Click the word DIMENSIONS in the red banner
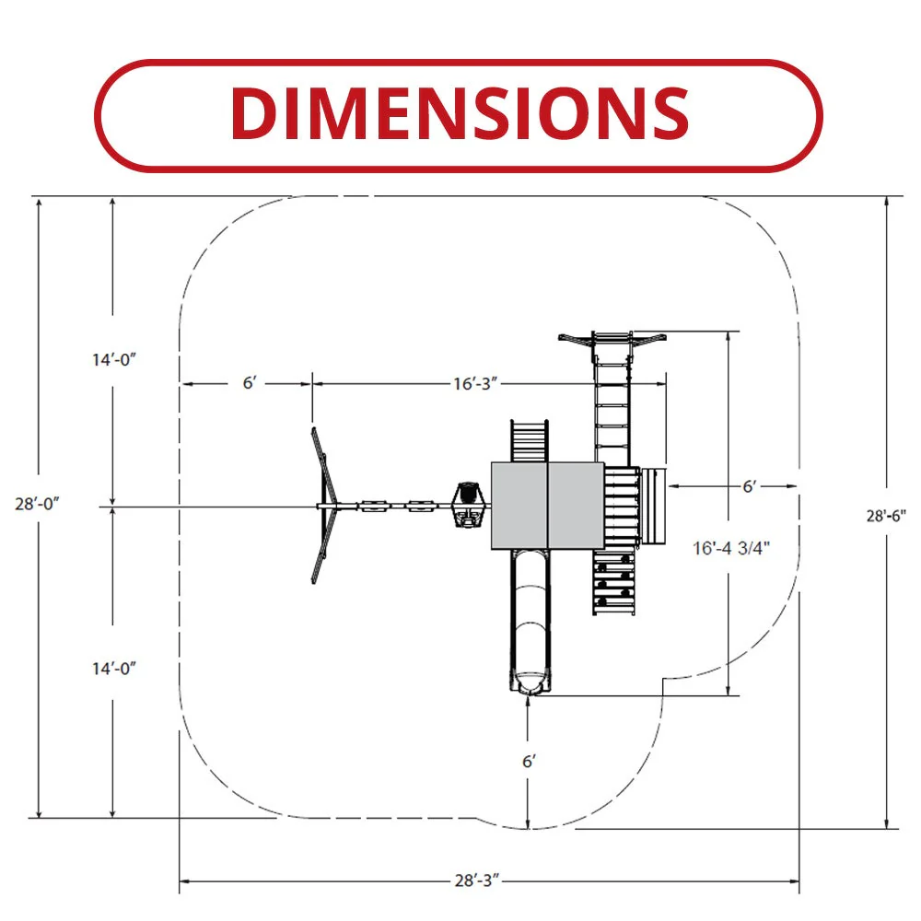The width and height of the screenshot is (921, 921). (x=460, y=113)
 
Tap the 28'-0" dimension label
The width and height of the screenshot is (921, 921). (x=37, y=504)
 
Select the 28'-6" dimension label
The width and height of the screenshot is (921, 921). (x=886, y=516)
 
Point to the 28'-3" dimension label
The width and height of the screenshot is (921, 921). (x=477, y=880)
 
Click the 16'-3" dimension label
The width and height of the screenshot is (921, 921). (x=475, y=383)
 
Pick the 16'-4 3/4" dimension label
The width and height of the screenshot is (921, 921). (x=730, y=548)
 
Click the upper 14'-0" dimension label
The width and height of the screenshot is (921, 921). (x=114, y=359)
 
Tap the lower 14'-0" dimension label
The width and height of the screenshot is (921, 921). (x=114, y=669)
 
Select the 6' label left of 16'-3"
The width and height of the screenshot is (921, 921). (x=250, y=383)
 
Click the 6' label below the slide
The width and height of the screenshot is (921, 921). (x=529, y=762)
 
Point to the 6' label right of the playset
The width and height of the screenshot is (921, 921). (x=750, y=486)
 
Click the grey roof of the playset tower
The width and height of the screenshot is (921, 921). (x=547, y=506)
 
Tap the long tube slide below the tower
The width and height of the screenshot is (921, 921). (x=530, y=623)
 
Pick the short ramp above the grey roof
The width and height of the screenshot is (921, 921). (x=530, y=441)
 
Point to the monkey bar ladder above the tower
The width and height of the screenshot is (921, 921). (x=612, y=405)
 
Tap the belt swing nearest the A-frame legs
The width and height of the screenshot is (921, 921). (x=374, y=506)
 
